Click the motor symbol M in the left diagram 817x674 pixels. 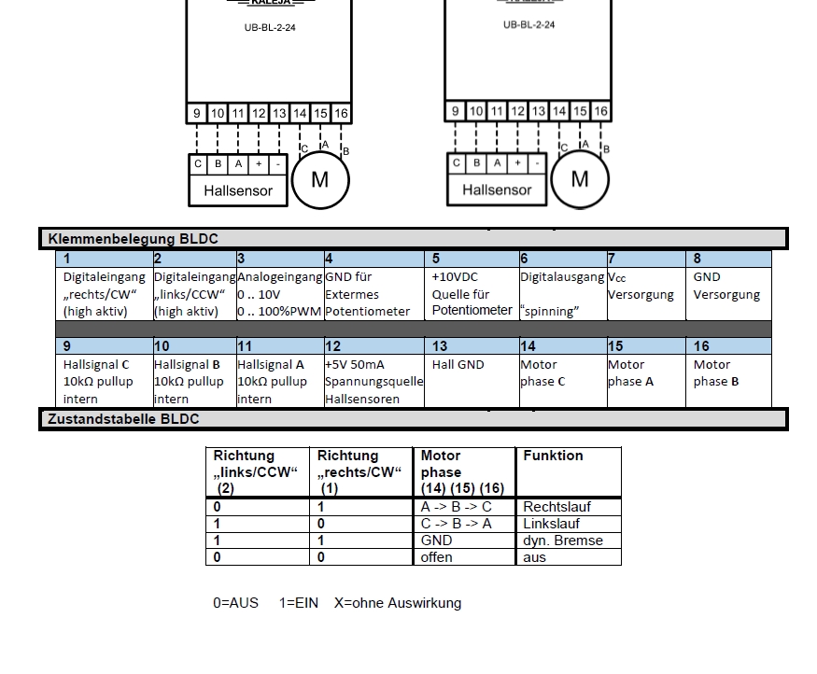[x=319, y=179]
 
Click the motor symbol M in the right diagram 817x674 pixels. [x=579, y=178]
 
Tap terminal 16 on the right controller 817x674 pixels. [x=600, y=111]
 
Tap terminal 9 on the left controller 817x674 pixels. [x=197, y=114]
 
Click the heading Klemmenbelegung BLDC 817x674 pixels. [x=133, y=239]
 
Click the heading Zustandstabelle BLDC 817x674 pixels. [x=123, y=419]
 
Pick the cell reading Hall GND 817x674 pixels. [x=458, y=365]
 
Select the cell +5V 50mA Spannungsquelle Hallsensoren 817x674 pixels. [x=373, y=381]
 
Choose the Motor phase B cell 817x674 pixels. [x=715, y=372]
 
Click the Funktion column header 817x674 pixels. [x=553, y=456]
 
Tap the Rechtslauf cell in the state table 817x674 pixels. [x=556, y=507]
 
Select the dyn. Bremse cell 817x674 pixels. [x=562, y=541]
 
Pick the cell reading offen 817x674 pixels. [x=436, y=557]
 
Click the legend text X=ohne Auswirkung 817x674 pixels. [x=398, y=603]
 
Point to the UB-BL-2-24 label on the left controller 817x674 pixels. [x=270, y=28]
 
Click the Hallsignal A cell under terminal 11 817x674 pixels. [x=272, y=381]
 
